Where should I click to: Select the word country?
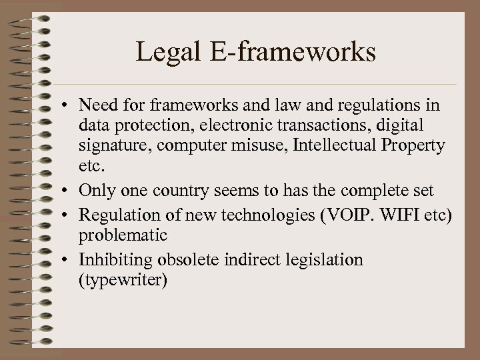click(x=172, y=191)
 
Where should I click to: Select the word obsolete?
click(x=185, y=259)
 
